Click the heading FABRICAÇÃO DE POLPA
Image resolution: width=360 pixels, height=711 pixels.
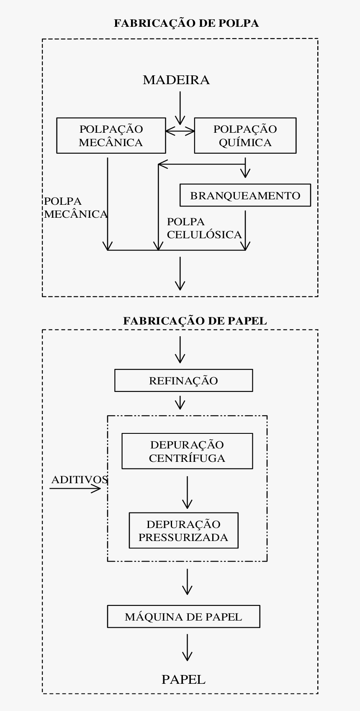(186, 23)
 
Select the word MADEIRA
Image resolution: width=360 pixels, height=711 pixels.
(176, 80)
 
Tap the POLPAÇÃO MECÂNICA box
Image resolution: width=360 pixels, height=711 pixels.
(111, 135)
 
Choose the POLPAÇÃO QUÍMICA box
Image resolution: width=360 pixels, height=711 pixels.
(245, 135)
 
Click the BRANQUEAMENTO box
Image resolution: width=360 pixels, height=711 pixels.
(245, 195)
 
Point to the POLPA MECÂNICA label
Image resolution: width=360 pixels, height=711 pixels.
(75, 208)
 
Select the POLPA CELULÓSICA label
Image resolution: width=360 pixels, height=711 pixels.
(204, 228)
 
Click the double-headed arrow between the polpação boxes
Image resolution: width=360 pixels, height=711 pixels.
(180, 131)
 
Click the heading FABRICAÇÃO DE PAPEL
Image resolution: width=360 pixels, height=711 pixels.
(195, 321)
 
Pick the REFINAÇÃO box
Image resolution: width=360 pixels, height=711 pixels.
(183, 380)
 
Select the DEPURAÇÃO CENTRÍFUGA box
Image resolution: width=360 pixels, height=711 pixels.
(187, 451)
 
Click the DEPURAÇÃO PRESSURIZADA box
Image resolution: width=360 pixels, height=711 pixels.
(183, 530)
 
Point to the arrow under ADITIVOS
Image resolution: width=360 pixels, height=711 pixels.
(75, 489)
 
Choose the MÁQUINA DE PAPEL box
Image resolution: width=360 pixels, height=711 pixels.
(183, 616)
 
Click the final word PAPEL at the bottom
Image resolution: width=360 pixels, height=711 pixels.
(183, 680)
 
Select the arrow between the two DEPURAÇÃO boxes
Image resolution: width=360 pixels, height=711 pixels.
(187, 492)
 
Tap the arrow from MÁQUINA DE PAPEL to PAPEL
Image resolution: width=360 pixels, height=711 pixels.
(187, 647)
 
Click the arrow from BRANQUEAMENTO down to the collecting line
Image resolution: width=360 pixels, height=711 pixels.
(245, 230)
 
